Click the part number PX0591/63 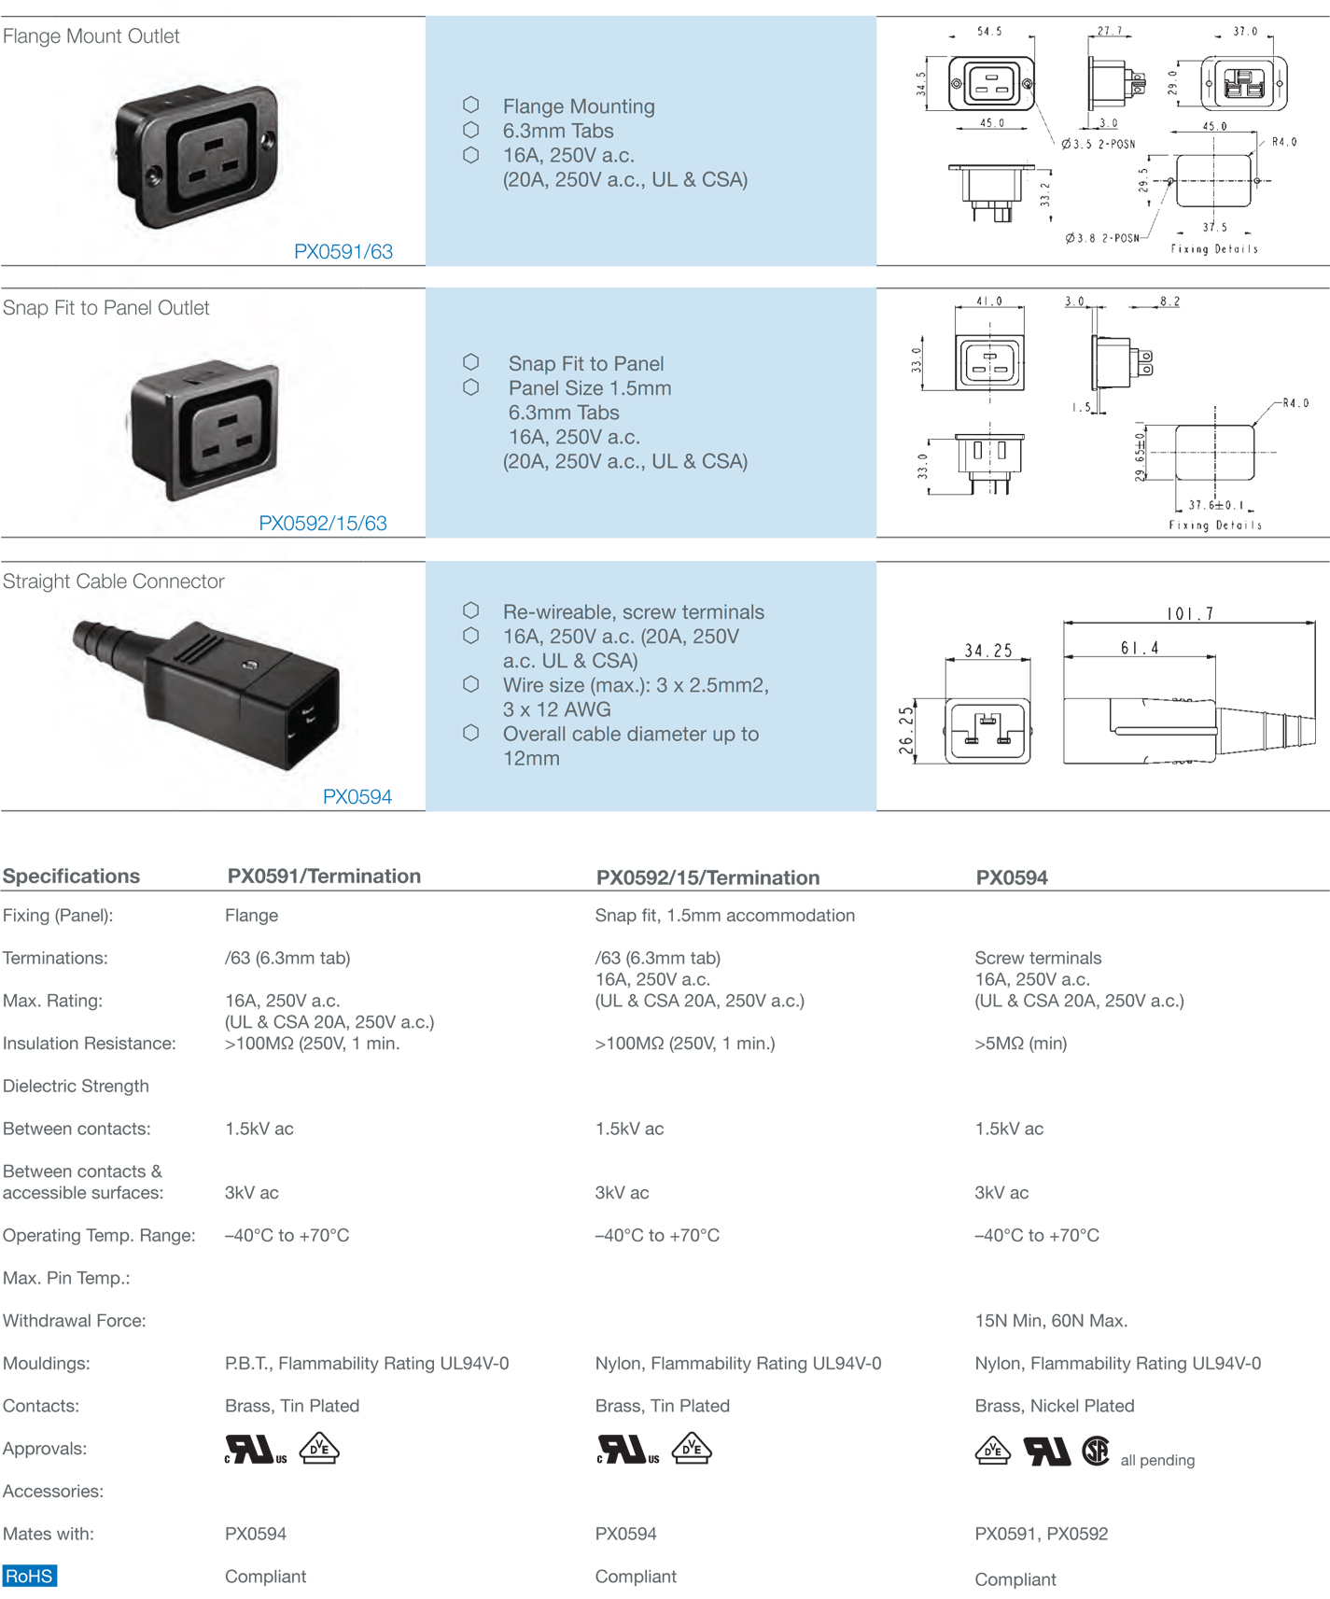(343, 251)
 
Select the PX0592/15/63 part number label (323, 523)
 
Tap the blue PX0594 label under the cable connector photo (357, 796)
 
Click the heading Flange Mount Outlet (91, 36)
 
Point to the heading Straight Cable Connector (113, 582)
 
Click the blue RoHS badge (29, 1577)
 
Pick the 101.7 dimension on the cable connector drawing (1189, 613)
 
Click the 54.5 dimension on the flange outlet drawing (989, 32)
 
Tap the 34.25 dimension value (988, 651)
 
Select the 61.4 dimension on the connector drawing (1140, 648)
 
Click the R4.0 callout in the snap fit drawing (1295, 403)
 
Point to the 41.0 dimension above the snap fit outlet (988, 302)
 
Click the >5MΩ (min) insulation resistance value (1020, 1044)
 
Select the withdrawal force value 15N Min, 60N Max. (1051, 1321)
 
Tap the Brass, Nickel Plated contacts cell (1055, 1406)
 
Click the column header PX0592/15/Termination (707, 877)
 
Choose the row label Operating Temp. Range (99, 1236)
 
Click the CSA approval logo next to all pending (1096, 1451)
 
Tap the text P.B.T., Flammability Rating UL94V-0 (367, 1364)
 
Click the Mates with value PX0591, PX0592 (1041, 1534)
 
